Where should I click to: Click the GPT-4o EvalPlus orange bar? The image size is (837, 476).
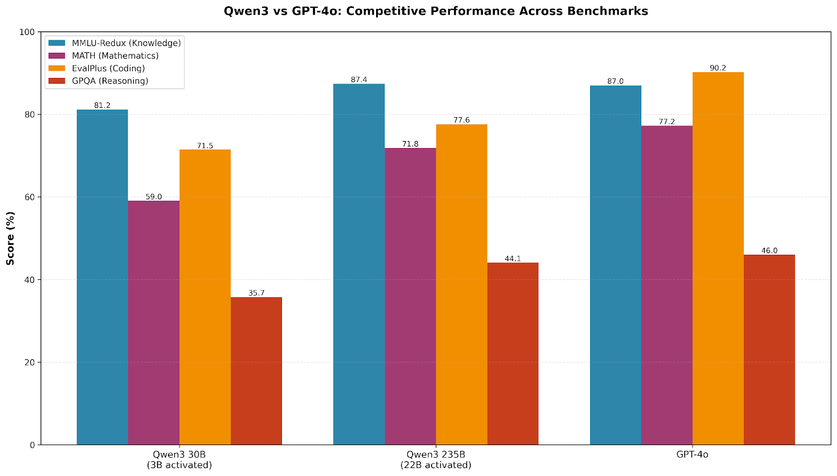[718, 258]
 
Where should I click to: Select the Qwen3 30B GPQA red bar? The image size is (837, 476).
[256, 371]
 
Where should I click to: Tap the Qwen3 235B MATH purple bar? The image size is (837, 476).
[410, 297]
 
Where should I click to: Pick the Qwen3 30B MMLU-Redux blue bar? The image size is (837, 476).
[103, 277]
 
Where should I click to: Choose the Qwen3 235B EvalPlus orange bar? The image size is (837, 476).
[461, 285]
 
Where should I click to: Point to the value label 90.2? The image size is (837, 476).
[718, 68]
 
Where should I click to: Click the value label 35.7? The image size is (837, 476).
[256, 293]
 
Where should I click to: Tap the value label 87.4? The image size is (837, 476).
[359, 80]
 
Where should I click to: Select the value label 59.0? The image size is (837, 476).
[154, 197]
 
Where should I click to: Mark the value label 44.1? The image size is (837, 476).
[513, 258]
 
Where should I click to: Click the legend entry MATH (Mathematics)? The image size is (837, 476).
[115, 55]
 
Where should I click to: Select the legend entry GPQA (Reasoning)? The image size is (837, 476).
[110, 81]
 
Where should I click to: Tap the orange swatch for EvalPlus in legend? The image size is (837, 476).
[56, 68]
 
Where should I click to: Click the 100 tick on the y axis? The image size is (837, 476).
[27, 32]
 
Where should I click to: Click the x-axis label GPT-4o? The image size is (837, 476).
[692, 454]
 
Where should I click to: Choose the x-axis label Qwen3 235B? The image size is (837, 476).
[436, 454]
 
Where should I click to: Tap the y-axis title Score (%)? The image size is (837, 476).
[10, 238]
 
